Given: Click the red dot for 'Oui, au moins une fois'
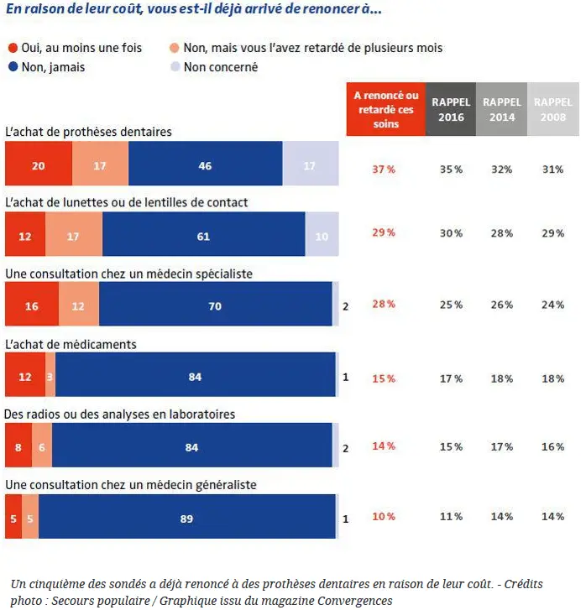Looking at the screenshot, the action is pos(13,48).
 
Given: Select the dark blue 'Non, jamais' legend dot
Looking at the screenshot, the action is pos(13,67).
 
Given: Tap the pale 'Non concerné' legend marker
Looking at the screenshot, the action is pos(175,67).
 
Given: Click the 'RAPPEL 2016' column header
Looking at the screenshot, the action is pos(451,109).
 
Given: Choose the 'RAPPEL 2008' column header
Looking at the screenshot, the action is pos(553,109).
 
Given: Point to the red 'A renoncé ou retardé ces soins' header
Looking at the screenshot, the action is pos(386,109).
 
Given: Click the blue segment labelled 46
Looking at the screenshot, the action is pos(205,164).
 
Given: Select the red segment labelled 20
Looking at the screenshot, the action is pos(39,164).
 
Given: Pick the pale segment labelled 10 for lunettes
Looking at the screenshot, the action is pos(322,234).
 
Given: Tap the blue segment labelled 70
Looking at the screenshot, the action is pos(215,304).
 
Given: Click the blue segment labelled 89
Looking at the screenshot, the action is pos(187,516).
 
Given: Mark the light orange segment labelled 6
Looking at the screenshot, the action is pos(42,445).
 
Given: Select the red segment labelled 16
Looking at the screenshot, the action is pos(32,304).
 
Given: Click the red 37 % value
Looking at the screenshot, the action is pos(384,169).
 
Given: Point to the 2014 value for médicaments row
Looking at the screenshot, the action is pos(502,378).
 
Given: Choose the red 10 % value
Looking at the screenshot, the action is pos(384,516).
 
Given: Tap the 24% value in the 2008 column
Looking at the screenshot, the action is pos(553,305).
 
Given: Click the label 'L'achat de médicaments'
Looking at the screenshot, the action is pos(71,344).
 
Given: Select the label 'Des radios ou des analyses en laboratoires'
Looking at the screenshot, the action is pos(119,414).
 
